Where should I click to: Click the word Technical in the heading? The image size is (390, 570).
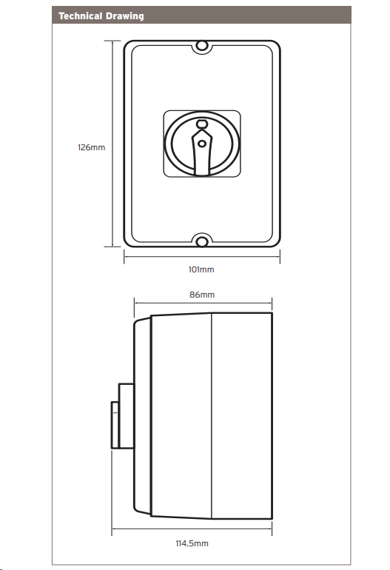coord(81,16)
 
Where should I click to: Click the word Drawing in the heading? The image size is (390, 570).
coord(124,16)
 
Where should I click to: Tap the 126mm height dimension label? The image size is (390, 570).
coord(91,147)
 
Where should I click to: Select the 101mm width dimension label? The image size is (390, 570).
coord(201,269)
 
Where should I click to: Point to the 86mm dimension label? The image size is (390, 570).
coord(202,295)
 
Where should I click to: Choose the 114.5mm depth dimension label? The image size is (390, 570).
coord(192,543)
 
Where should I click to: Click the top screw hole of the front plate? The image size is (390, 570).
coord(202,46)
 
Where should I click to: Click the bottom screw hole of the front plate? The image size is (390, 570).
coord(202,241)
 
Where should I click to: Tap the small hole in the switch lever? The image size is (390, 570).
coord(202,144)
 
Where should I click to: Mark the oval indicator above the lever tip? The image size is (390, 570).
coord(202,124)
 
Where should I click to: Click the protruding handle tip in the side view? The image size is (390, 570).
coord(115,425)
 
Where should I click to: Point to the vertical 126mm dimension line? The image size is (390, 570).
coord(113,144)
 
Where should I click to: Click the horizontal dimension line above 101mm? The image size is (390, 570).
coord(202,256)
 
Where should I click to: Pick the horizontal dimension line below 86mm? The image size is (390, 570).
coord(204,302)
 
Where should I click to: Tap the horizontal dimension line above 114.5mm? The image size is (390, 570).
coord(192,529)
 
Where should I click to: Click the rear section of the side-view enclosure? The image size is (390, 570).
coord(242,415)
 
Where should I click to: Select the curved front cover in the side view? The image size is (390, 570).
coord(142,416)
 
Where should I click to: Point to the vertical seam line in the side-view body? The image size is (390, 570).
coord(212,415)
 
